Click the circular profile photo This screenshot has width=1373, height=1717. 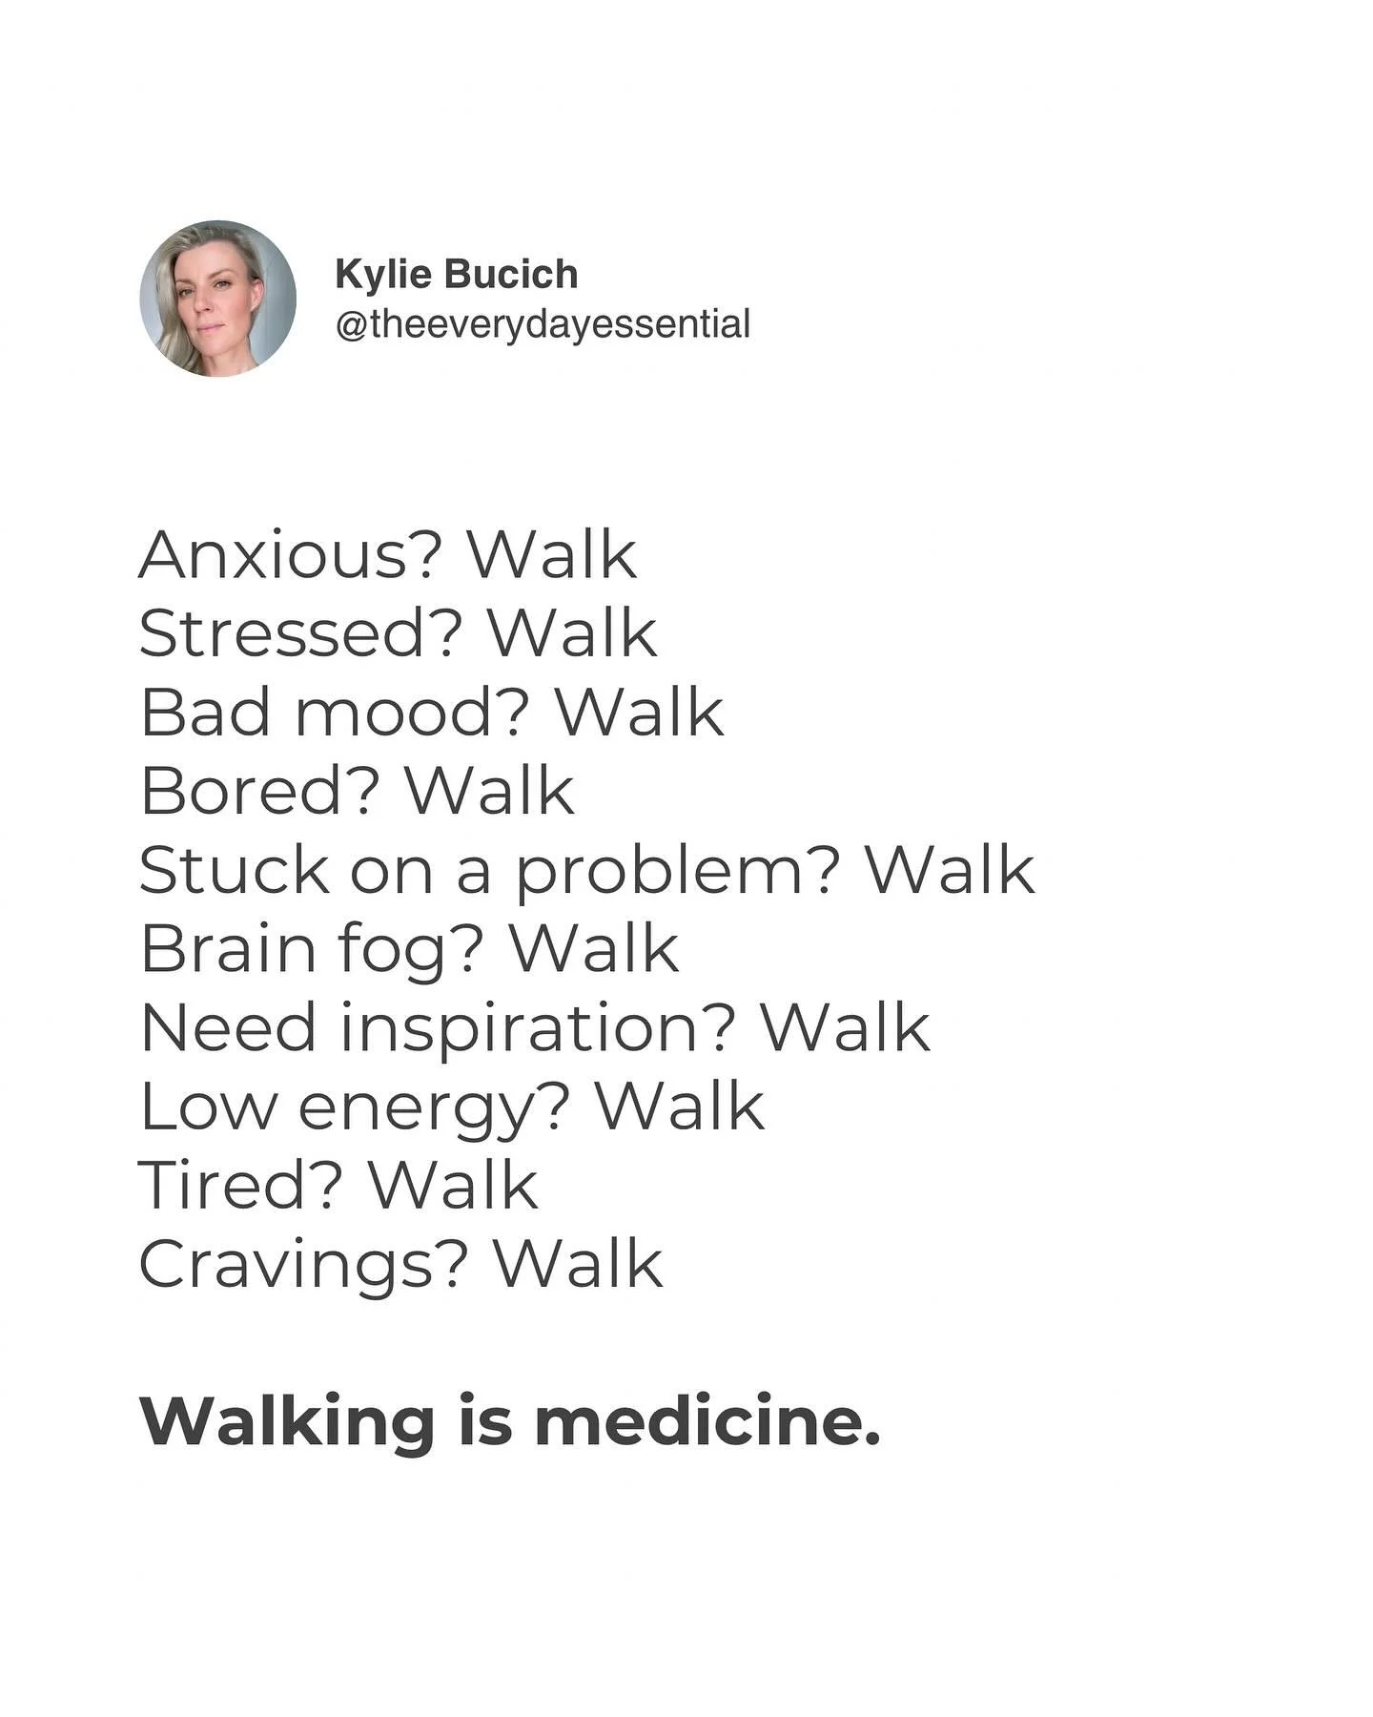pos(217,299)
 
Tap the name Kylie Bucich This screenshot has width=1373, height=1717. pos(457,275)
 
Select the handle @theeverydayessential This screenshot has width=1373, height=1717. pos(543,324)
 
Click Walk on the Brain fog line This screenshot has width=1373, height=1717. pos(594,949)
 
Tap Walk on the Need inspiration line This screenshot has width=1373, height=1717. pos(845,1028)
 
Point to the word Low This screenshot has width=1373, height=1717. pos(209,1107)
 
